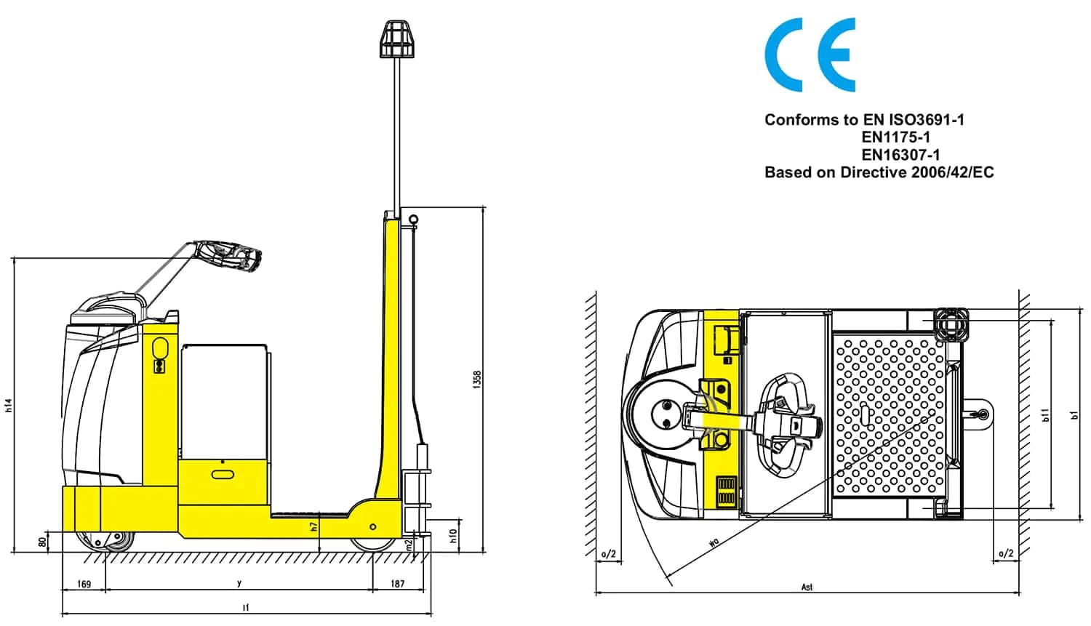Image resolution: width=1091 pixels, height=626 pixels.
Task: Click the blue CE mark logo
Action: (810, 55)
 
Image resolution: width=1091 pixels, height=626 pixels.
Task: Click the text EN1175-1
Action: (895, 137)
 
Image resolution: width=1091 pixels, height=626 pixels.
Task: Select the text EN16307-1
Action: (900, 155)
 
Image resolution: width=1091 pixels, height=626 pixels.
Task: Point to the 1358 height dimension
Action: (477, 380)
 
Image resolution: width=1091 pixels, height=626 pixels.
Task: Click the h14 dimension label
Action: (8, 406)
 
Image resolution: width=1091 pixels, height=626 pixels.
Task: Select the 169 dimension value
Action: (84, 584)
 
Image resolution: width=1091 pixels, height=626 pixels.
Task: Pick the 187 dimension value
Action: (397, 584)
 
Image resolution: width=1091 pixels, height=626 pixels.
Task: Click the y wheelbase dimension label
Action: (239, 582)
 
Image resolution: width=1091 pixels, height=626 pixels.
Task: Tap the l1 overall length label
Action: (246, 608)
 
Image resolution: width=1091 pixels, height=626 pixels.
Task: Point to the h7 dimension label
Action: (313, 526)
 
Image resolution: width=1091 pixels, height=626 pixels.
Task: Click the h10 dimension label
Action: (453, 537)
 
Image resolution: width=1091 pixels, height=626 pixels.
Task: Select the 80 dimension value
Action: (43, 542)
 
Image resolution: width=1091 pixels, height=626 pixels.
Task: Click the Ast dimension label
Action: (807, 587)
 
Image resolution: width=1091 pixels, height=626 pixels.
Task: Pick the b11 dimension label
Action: (1045, 414)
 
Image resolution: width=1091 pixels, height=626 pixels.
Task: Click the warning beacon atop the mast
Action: (397, 39)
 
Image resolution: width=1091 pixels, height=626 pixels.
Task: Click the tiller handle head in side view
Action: (229, 256)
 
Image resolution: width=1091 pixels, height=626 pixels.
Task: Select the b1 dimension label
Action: (1074, 414)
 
